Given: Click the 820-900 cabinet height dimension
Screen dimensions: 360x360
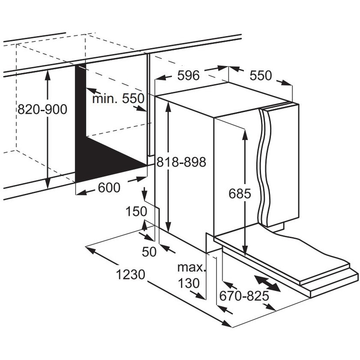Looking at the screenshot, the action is click(42, 109).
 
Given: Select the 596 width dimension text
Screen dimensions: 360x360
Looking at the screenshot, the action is click(189, 75).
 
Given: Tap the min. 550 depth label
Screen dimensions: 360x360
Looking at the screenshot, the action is click(118, 99).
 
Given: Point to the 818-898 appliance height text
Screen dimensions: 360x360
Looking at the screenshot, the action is click(181, 162).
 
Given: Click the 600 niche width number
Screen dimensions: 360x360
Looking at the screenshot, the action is click(109, 188).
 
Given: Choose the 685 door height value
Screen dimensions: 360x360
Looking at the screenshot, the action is click(240, 194).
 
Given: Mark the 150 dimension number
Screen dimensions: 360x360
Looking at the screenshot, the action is click(136, 211).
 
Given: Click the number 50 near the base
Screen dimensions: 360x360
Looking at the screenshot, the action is click(149, 252).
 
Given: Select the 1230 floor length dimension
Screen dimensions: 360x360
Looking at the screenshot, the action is click(130, 274).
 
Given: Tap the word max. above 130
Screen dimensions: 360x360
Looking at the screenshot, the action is click(191, 267).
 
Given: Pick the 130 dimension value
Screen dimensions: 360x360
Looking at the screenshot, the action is click(189, 283).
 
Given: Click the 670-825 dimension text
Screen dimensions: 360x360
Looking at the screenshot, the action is click(244, 296).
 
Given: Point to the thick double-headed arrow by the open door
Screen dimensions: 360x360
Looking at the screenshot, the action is click(267, 283).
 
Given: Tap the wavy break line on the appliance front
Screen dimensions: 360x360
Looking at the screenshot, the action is click(265, 165).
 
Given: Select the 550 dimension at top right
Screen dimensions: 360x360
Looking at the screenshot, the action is click(261, 75).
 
